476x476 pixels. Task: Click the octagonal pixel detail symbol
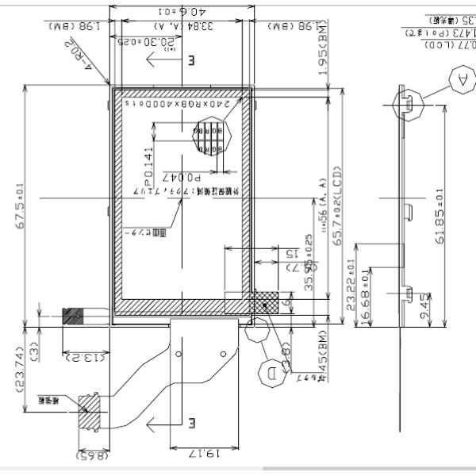click(x=211, y=136)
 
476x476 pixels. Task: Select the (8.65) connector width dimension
click(x=92, y=456)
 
